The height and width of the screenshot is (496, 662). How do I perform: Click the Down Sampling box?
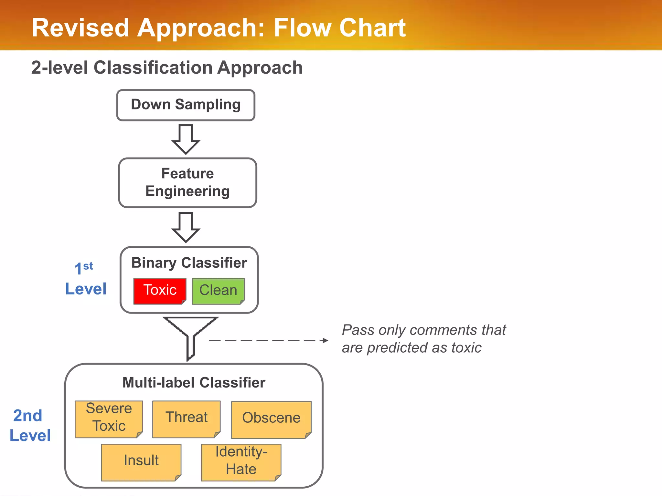pyautogui.click(x=186, y=105)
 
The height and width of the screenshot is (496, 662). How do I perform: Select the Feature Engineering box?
pyautogui.click(x=187, y=182)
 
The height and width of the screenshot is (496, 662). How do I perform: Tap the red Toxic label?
pyautogui.click(x=160, y=291)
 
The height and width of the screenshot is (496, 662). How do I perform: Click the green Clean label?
pyautogui.click(x=218, y=291)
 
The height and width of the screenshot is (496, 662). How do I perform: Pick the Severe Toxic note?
pyautogui.click(x=109, y=418)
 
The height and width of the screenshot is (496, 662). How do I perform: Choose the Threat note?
pyautogui.click(x=186, y=418)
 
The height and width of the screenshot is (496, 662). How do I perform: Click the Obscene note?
pyautogui.click(x=271, y=419)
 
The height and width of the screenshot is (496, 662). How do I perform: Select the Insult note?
pyautogui.click(x=141, y=462)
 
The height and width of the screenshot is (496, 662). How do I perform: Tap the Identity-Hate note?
pyautogui.click(x=241, y=462)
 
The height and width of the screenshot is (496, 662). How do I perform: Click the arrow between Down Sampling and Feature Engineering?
pyautogui.click(x=186, y=139)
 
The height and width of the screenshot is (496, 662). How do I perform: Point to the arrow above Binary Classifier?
pyautogui.click(x=186, y=227)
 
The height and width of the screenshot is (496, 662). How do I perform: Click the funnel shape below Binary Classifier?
pyautogui.click(x=191, y=333)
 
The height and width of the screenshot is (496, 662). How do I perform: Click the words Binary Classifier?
pyautogui.click(x=189, y=263)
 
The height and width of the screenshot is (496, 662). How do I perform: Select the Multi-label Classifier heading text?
pyautogui.click(x=194, y=383)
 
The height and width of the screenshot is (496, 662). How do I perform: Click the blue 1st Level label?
pyautogui.click(x=85, y=279)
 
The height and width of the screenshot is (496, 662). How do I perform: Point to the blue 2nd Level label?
pyautogui.click(x=30, y=425)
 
